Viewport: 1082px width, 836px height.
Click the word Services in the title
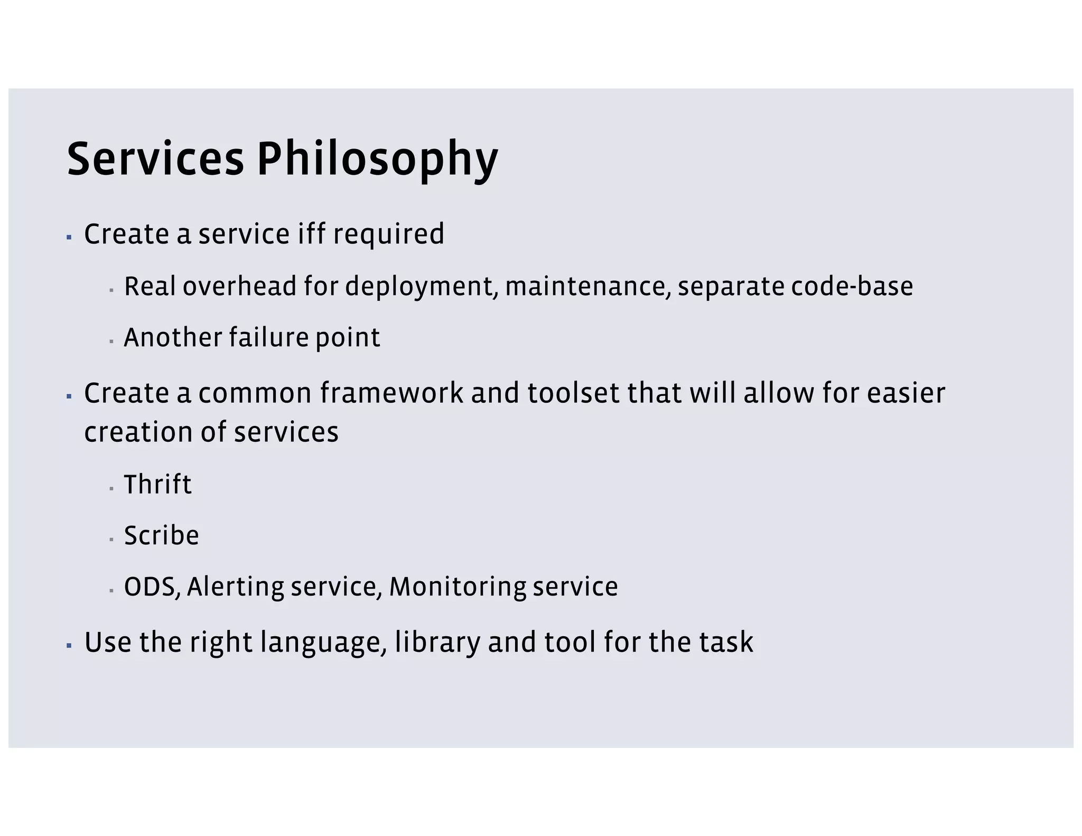(156, 160)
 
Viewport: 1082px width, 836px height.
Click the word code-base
(852, 286)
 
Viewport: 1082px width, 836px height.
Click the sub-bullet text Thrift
(157, 485)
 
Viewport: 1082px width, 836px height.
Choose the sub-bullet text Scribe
(161, 536)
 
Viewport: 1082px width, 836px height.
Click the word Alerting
(235, 587)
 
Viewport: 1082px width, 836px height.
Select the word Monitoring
(457, 587)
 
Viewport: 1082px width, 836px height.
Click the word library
(437, 643)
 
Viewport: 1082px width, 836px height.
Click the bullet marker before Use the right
(69, 645)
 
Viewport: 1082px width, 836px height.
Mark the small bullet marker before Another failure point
(111, 341)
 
